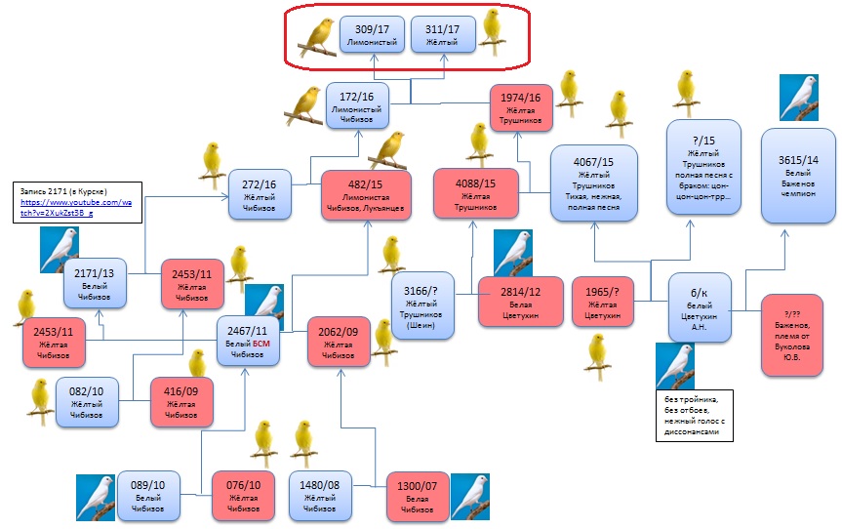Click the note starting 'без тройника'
point(694,416)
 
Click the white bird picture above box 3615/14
point(798,98)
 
